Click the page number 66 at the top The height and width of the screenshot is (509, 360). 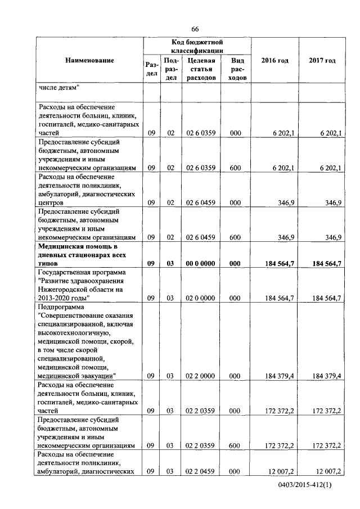tap(195, 29)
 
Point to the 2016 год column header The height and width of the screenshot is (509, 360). tap(275, 60)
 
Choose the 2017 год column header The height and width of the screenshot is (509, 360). tap(322, 60)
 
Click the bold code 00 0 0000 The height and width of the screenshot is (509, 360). tap(200, 263)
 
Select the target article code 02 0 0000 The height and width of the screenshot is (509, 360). tap(200, 297)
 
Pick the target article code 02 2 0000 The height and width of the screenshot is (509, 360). tap(200, 375)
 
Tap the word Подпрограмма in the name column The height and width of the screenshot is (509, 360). tap(60, 307)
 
